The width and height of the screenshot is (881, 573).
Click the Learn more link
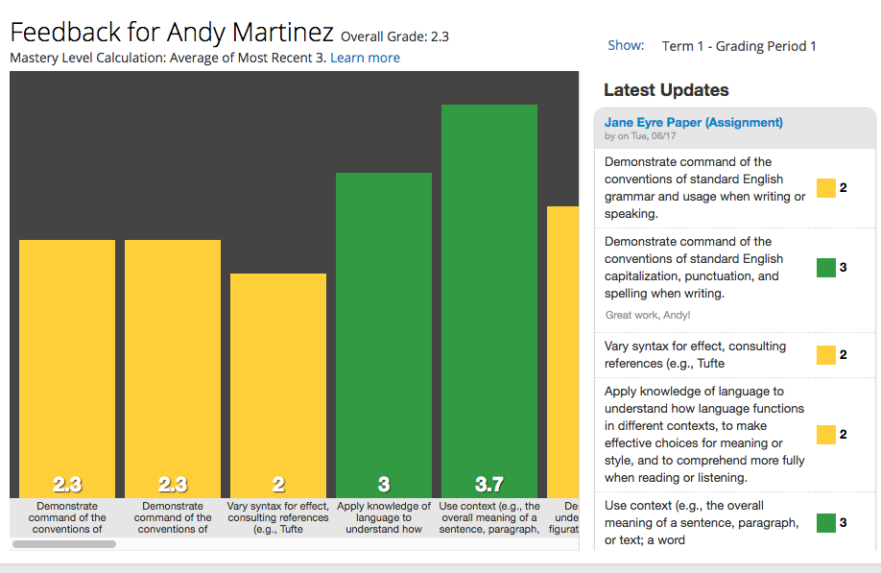coord(365,58)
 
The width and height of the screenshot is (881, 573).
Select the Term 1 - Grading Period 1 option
coord(739,46)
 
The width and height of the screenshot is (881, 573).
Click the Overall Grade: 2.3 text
coord(394,37)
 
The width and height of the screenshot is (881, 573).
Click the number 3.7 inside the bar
coord(489,484)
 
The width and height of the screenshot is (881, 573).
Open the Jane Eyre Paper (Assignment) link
coord(693,123)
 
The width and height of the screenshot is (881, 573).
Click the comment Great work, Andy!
coord(648,315)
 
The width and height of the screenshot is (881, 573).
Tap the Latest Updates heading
coord(666,90)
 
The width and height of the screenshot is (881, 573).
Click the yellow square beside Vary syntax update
coord(826,355)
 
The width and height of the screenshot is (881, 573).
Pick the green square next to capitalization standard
coord(826,268)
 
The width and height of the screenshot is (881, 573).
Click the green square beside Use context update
coord(826,523)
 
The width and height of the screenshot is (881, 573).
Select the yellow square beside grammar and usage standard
coord(826,188)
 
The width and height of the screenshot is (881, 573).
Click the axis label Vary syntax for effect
coord(278,517)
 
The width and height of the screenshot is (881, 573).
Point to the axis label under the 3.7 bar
coord(489,517)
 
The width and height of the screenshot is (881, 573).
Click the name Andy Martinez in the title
coord(250,32)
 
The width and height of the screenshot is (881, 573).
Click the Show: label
coord(626,46)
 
